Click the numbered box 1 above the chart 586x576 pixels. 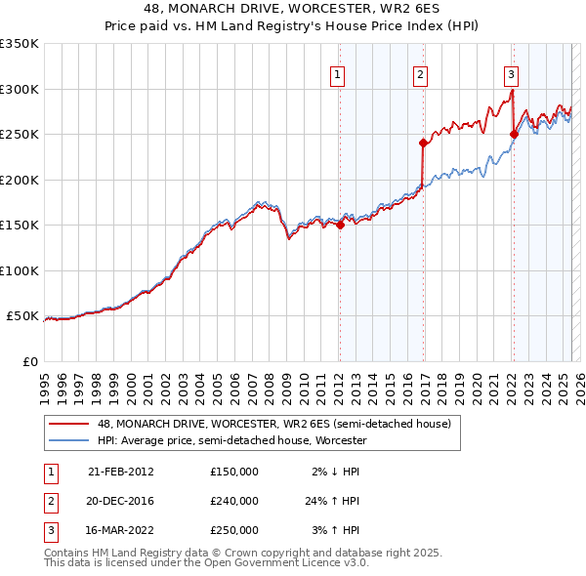tap(337, 74)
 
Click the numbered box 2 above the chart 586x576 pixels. tap(420, 74)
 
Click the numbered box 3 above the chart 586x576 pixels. tap(511, 74)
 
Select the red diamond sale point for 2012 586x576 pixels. tap(340, 225)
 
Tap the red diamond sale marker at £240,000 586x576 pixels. tap(424, 143)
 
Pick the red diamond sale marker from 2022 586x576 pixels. tap(514, 134)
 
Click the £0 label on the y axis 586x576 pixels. tap(28, 361)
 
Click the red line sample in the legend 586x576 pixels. tap(67, 425)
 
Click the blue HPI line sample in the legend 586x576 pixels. tap(67, 441)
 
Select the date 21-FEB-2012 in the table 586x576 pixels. tap(121, 471)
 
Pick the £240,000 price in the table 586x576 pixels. tap(234, 501)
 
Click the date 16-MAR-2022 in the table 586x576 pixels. tap(121, 531)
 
